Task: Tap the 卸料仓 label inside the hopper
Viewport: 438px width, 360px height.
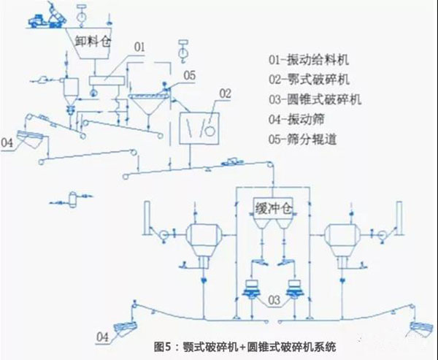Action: [x=91, y=40]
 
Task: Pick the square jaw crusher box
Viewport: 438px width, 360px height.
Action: [x=199, y=124]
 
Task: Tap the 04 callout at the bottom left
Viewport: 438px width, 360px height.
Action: [x=105, y=335]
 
